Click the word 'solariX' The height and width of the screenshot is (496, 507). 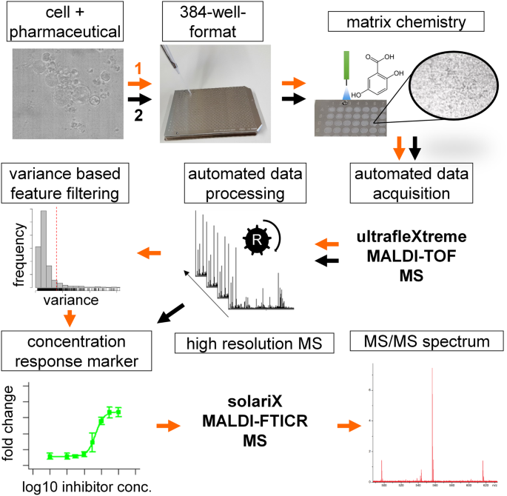[x=249, y=406]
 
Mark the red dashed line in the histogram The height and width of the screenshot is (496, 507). [x=57, y=244]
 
